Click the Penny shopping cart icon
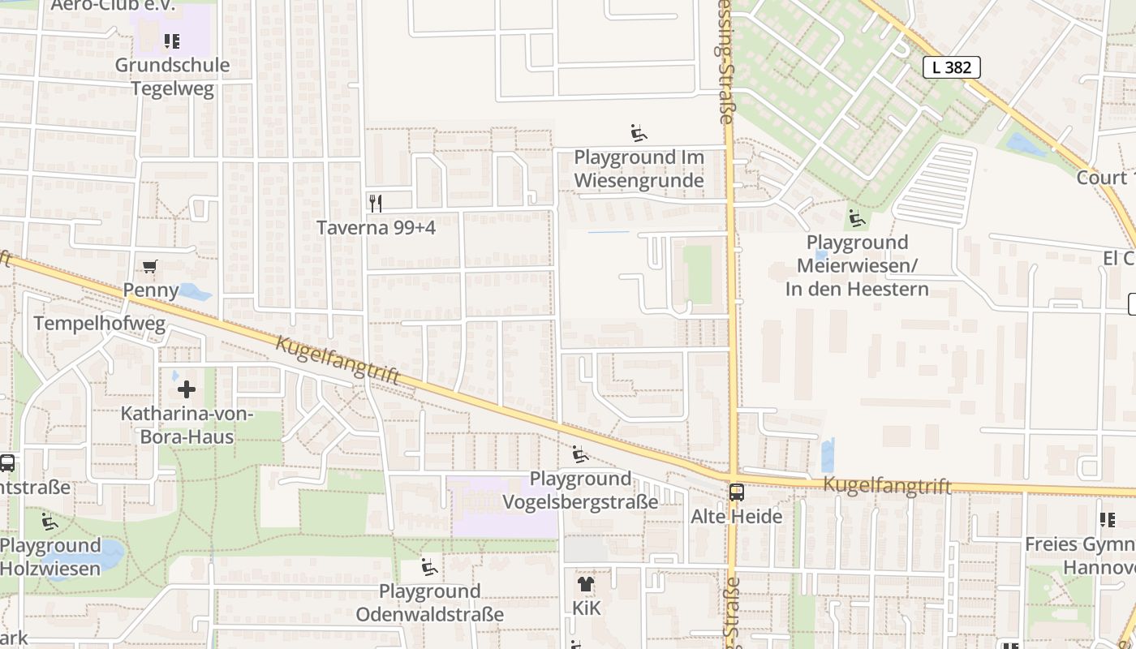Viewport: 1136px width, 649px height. pos(150,266)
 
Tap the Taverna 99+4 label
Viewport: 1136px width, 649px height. pos(376,228)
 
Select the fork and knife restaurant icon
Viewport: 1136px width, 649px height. pos(375,203)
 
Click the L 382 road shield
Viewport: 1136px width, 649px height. pos(952,67)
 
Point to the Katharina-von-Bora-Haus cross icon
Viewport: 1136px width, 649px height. pos(187,389)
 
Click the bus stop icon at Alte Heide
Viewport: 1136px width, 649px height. pos(737,492)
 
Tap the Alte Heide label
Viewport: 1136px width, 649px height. pos(736,517)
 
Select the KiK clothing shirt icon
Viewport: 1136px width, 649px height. pos(586,583)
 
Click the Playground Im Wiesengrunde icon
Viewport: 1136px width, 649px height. pos(639,133)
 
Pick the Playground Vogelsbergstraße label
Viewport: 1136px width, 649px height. pos(580,491)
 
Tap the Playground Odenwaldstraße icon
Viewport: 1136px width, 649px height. pos(429,567)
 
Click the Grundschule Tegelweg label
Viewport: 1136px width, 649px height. pos(172,77)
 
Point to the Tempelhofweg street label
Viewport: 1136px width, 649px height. pos(99,324)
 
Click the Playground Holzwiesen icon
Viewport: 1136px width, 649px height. pos(50,521)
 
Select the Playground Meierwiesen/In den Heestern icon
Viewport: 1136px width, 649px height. pos(857,218)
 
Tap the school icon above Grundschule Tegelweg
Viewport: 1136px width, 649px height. pos(171,41)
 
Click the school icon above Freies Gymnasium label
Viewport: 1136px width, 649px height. pos(1107,520)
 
